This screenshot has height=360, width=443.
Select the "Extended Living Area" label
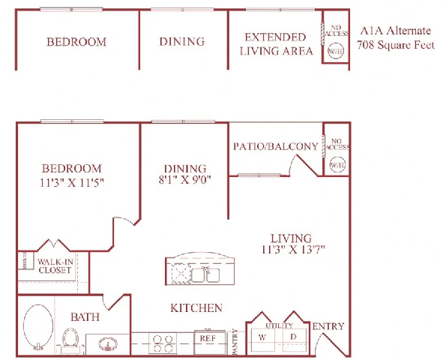(x=275, y=44)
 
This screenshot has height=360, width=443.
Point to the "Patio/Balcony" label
(x=275, y=146)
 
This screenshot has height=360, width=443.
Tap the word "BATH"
(x=85, y=317)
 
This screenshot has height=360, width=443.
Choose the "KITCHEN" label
(x=196, y=307)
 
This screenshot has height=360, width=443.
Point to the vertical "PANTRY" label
(x=235, y=340)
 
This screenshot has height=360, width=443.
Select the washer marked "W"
(x=262, y=337)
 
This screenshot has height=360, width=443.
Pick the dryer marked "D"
(x=293, y=337)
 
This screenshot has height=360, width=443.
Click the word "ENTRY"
(x=328, y=326)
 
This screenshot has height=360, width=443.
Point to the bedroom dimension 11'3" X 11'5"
(x=72, y=182)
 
